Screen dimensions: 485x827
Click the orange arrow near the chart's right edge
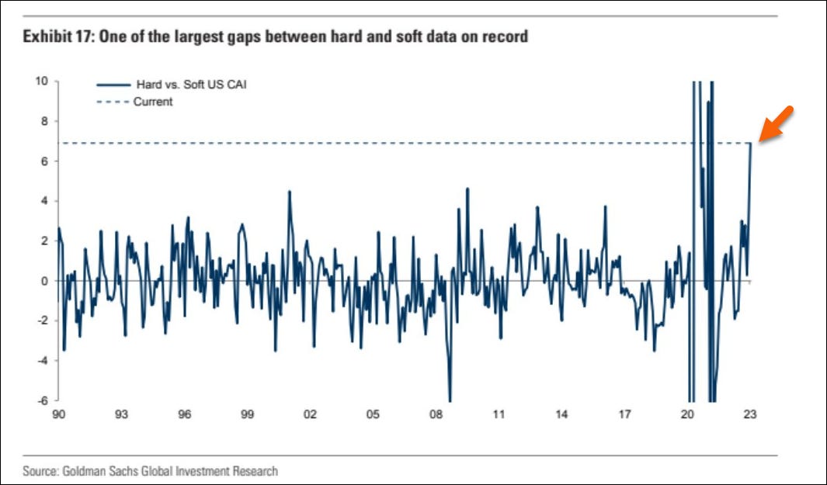777,123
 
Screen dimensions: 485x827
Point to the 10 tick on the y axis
43,81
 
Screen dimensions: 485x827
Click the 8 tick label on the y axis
46,121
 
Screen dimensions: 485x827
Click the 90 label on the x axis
58,415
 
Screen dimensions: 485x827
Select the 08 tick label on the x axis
436,415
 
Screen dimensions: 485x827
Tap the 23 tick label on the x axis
749,415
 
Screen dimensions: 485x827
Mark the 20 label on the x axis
687,415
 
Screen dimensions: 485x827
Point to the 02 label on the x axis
310,415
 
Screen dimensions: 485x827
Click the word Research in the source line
255,470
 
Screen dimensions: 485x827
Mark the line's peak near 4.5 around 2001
289,191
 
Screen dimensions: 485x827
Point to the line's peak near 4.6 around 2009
467,189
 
